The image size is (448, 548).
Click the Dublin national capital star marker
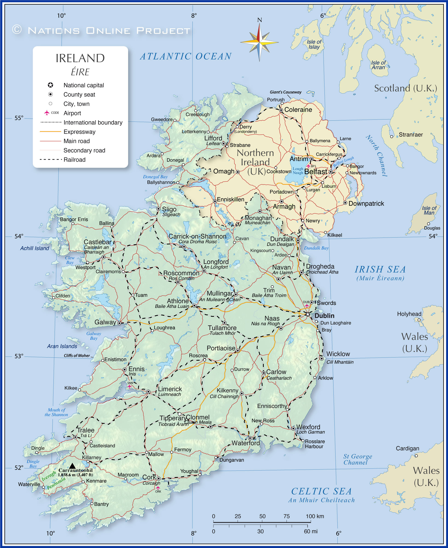(308, 314)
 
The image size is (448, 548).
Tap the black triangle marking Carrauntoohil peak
(72, 466)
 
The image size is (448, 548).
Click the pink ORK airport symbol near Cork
(158, 488)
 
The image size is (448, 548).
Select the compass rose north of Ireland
(259, 42)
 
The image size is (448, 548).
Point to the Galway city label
(105, 322)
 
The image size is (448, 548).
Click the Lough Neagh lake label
(298, 171)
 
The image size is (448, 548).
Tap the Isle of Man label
(429, 211)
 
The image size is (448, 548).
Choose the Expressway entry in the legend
(79, 132)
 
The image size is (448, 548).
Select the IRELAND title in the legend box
(80, 58)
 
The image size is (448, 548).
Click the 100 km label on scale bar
(315, 516)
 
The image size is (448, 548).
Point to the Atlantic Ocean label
(186, 56)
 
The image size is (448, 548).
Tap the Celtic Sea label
(321, 491)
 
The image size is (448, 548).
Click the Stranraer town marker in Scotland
(392, 137)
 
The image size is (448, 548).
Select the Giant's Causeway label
(286, 92)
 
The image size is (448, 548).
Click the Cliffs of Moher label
(77, 356)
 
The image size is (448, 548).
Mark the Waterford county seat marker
(250, 438)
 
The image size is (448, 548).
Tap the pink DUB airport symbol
(307, 306)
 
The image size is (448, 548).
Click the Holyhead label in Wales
(409, 314)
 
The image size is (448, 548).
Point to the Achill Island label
(35, 248)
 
